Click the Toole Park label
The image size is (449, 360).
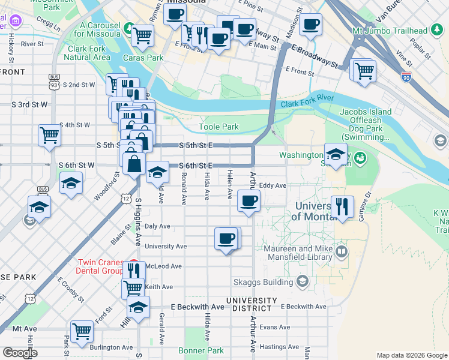[218, 127]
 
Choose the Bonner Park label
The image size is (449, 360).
[201, 350]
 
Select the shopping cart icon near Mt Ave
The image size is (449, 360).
[82, 331]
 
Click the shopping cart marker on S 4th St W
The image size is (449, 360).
[49, 135]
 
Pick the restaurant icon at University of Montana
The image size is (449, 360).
[342, 206]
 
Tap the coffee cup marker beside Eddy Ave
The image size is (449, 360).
[248, 200]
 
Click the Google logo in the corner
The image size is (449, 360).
[20, 353]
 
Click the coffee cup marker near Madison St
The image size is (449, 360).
[310, 25]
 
